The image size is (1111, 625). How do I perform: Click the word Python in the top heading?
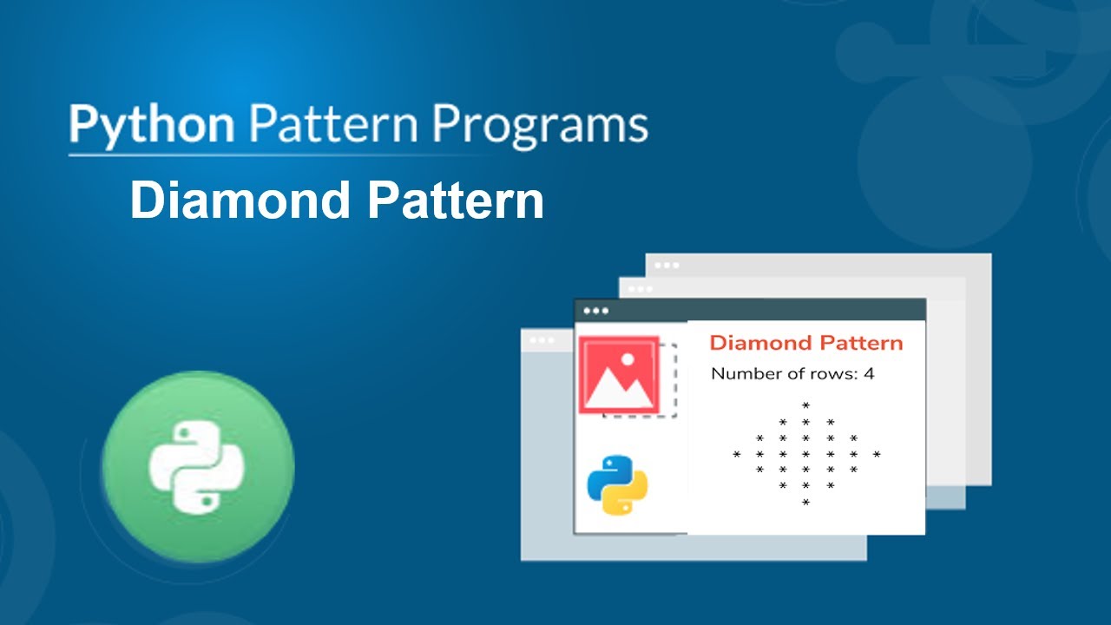tap(152, 125)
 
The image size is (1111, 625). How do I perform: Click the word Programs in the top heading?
tap(540, 125)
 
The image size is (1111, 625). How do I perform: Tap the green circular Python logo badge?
tap(198, 466)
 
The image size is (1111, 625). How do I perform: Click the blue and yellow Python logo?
tap(617, 485)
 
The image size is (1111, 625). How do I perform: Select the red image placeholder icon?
tap(620, 375)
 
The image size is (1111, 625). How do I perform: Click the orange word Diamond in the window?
tap(759, 343)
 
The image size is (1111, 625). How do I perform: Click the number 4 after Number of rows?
tap(869, 374)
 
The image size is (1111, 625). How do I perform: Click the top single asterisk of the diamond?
tap(806, 405)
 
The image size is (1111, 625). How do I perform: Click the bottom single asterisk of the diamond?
tap(806, 503)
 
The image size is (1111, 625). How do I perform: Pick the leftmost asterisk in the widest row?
tap(737, 454)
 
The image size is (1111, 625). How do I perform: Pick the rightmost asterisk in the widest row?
tap(877, 454)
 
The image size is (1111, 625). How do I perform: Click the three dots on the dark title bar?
tap(596, 311)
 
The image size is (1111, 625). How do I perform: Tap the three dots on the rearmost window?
tap(667, 265)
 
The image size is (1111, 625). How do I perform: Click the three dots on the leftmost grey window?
tap(542, 340)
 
